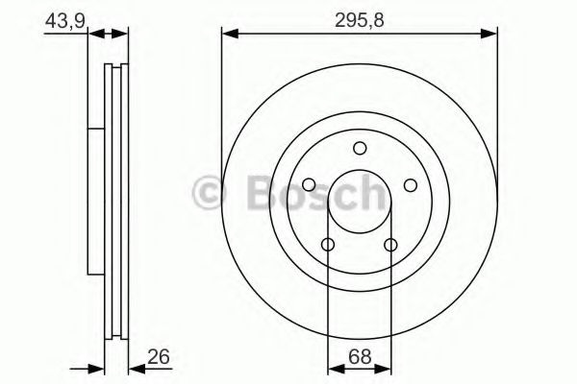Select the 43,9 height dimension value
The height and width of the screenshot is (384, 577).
coord(61,18)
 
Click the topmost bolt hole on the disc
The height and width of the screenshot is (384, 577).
coord(360,148)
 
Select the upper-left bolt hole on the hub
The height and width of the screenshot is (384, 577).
coord(309,185)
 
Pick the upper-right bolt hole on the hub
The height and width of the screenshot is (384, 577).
coord(410,185)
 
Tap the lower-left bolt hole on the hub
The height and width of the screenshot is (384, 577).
coord(328,246)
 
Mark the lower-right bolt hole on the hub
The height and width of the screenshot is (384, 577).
coord(390,246)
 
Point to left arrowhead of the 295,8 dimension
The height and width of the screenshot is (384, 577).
coord(228,34)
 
